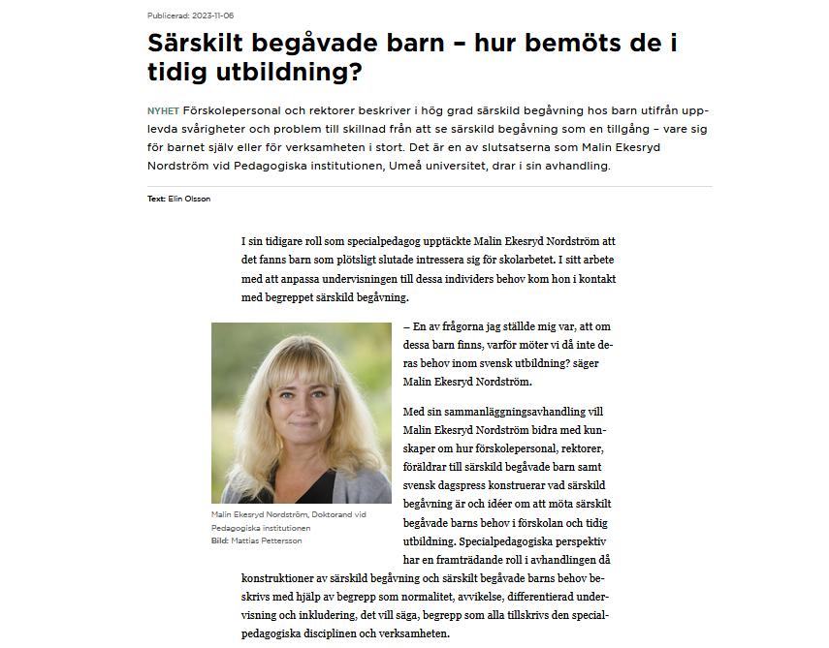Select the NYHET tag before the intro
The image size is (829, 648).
(x=163, y=110)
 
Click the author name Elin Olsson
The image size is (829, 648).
(x=189, y=199)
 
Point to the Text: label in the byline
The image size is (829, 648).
(x=156, y=199)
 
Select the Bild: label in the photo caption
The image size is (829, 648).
(x=220, y=540)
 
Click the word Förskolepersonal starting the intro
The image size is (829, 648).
(x=230, y=110)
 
